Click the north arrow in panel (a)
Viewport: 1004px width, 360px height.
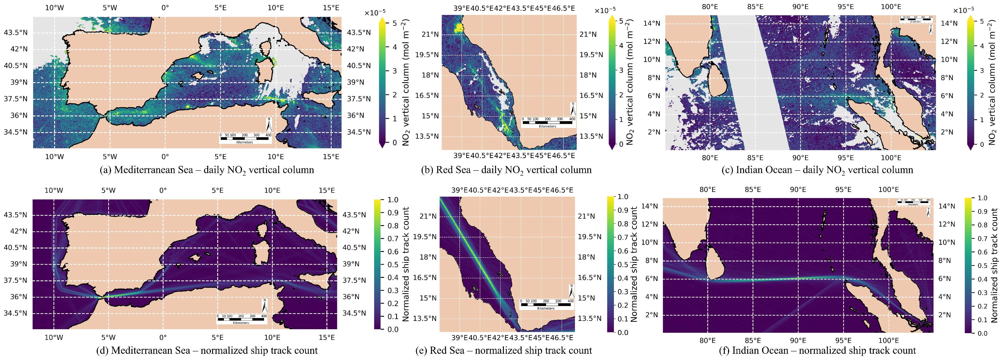point(269,125)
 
